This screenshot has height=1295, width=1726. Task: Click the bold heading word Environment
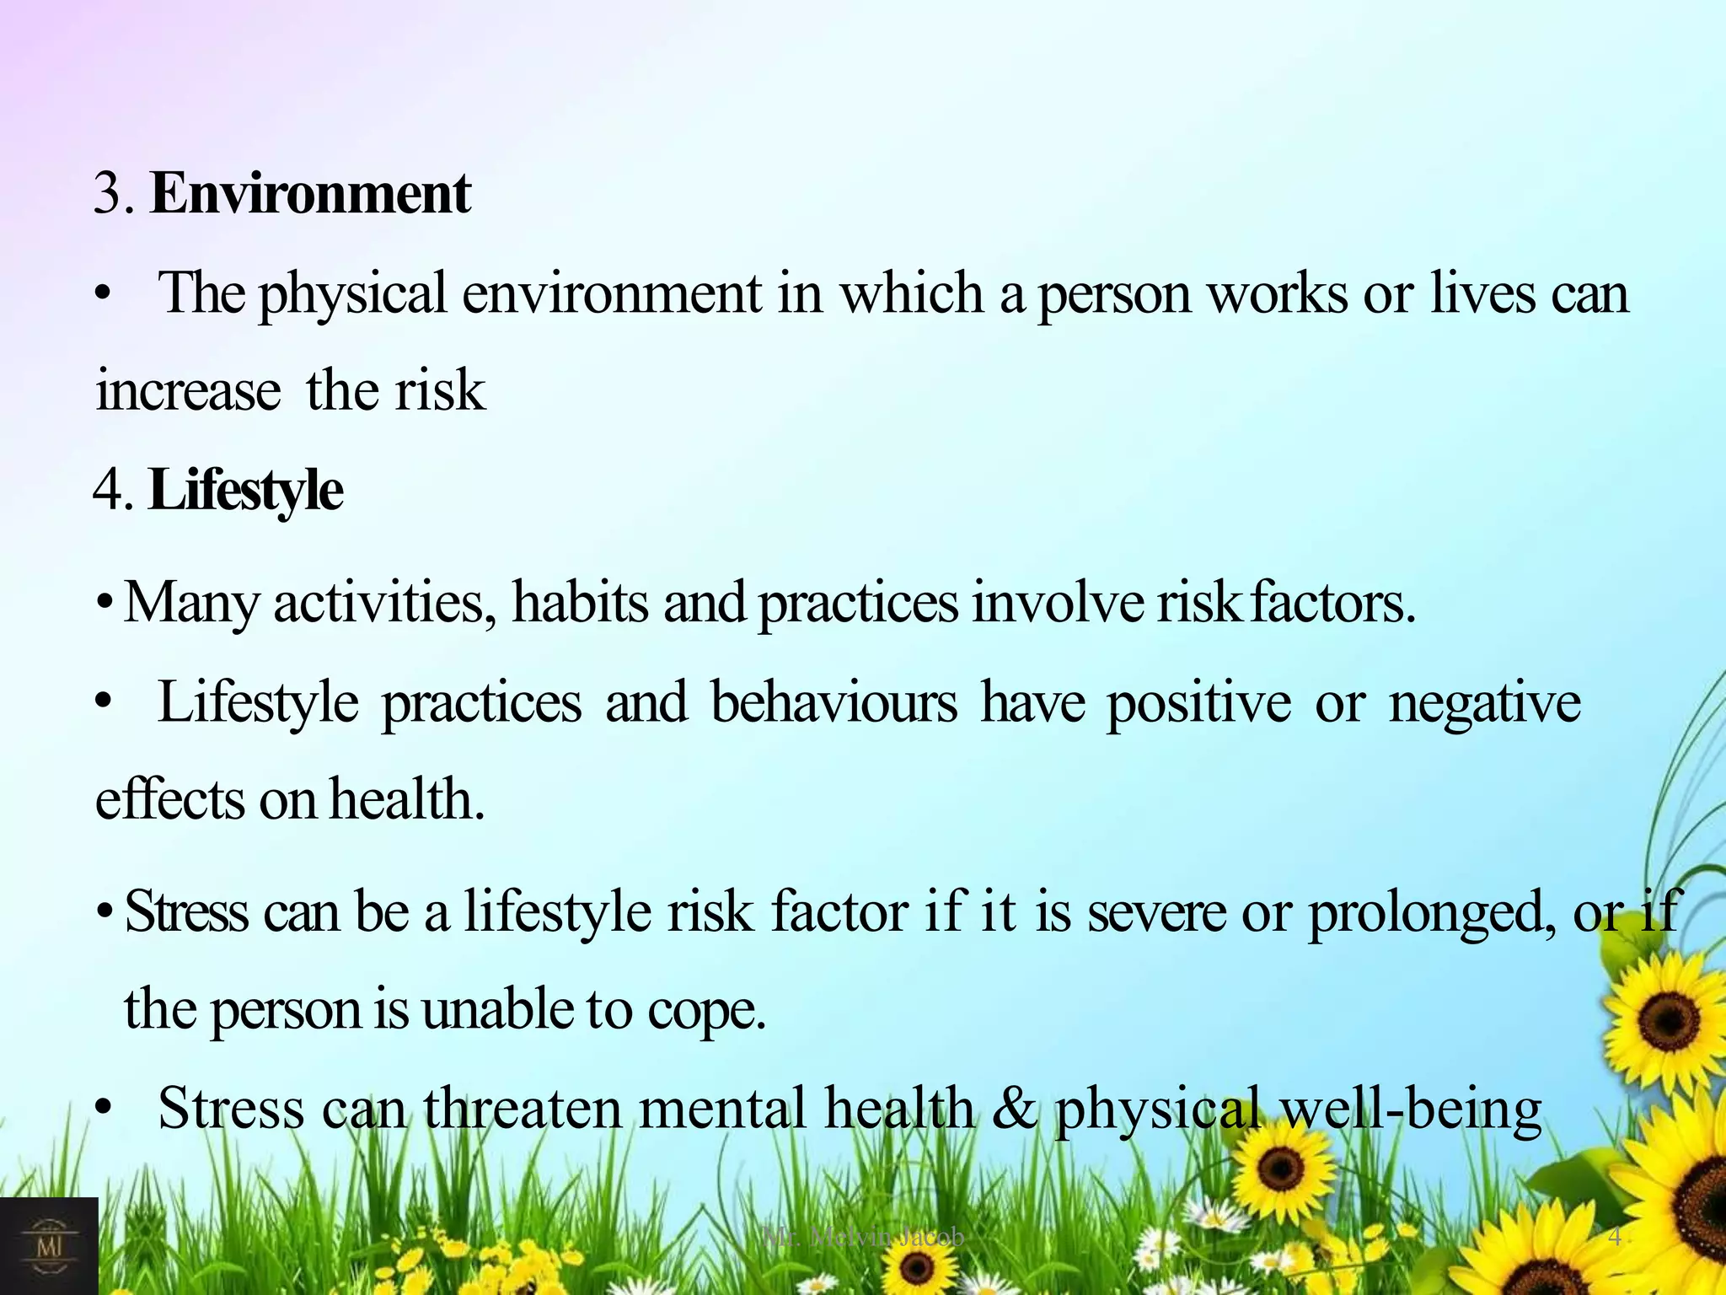pyautogui.click(x=310, y=193)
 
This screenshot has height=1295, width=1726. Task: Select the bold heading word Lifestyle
pyautogui.click(x=245, y=490)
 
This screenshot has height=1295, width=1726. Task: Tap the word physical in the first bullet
pyautogui.click(x=351, y=294)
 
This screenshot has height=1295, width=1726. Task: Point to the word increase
pyautogui.click(x=188, y=391)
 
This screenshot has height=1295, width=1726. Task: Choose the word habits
pyautogui.click(x=580, y=603)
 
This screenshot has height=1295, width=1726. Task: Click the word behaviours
pyautogui.click(x=834, y=702)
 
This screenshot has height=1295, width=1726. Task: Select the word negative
pyautogui.click(x=1484, y=702)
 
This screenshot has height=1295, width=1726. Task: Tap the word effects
pyautogui.click(x=169, y=799)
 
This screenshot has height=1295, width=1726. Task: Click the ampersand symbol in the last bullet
pyautogui.click(x=1014, y=1108)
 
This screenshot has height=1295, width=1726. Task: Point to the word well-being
pyautogui.click(x=1411, y=1108)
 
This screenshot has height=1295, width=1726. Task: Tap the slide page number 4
pyautogui.click(x=1615, y=1237)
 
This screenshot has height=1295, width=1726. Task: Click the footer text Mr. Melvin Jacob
pyautogui.click(x=863, y=1237)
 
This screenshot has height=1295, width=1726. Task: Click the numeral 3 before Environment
pyautogui.click(x=109, y=193)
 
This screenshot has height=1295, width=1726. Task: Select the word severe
pyautogui.click(x=1156, y=913)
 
